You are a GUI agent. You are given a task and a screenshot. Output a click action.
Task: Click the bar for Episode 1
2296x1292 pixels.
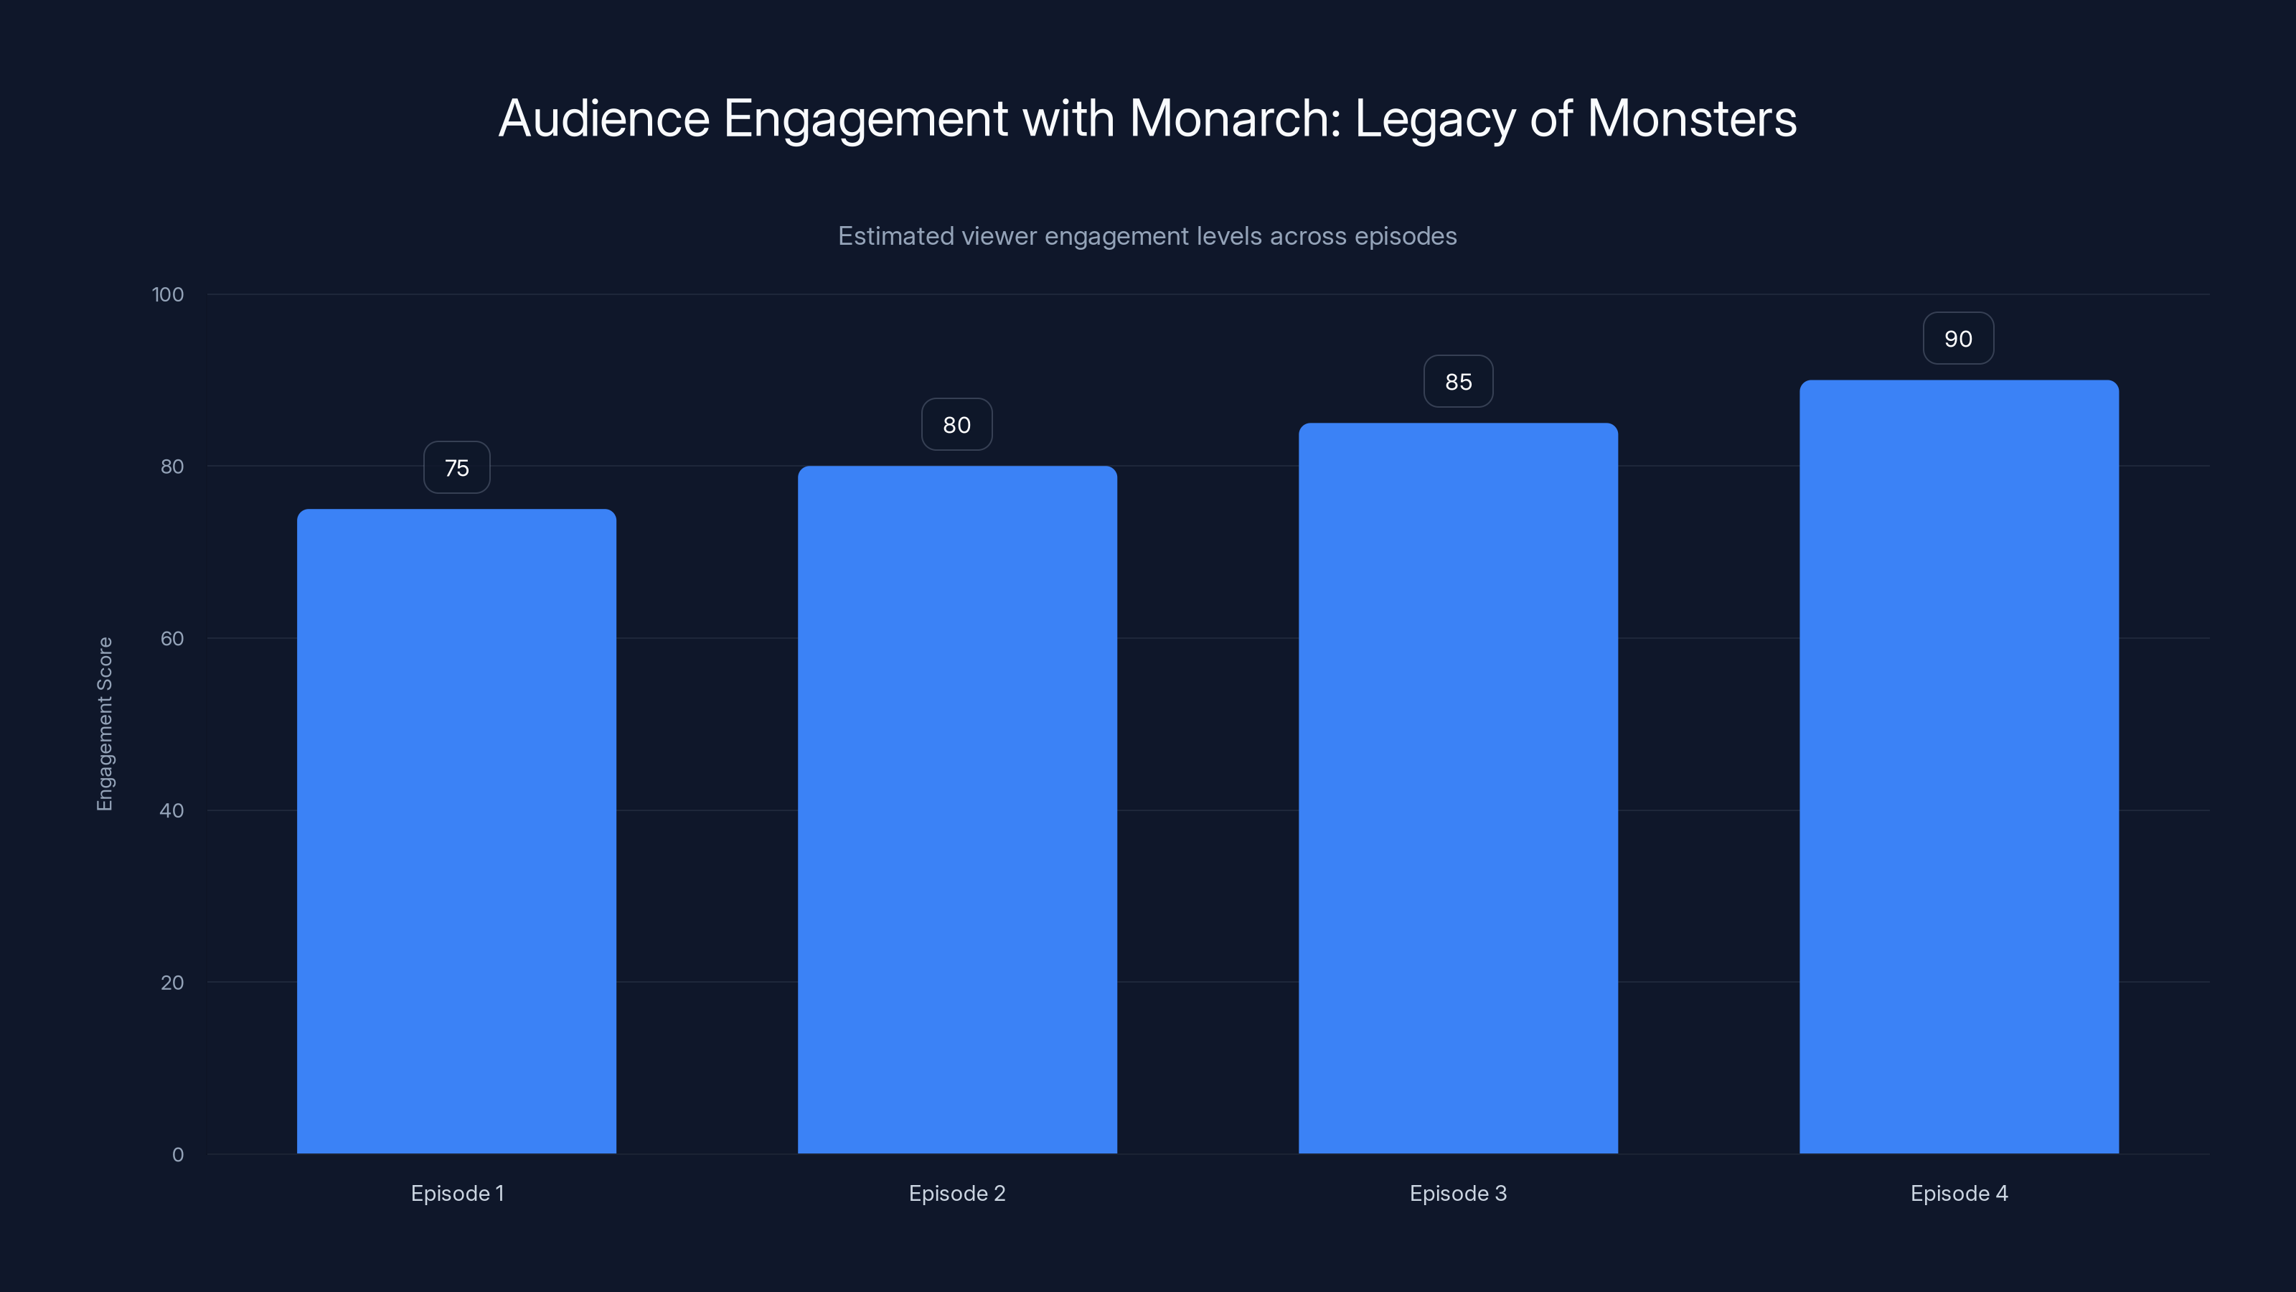coord(456,831)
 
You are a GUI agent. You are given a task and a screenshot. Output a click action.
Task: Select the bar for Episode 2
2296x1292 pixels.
coord(957,810)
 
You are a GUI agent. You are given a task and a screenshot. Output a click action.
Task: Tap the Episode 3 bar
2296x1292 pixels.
coord(1458,788)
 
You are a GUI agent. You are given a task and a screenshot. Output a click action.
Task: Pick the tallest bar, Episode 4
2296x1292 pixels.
coord(1959,767)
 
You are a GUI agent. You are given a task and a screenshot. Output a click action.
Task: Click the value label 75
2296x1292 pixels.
coord(456,468)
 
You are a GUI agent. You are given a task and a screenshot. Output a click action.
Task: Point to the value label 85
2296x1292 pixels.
coord(1458,382)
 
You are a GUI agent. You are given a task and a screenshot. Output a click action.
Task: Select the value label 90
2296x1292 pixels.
coord(1958,339)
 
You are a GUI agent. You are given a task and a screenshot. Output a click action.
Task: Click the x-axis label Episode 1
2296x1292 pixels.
coord(457,1193)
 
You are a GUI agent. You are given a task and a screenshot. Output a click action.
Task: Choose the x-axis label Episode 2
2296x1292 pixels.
coord(957,1193)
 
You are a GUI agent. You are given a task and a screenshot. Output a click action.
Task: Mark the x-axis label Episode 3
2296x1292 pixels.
coord(1458,1193)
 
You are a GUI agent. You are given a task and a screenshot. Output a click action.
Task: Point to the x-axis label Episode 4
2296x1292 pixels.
coord(1959,1193)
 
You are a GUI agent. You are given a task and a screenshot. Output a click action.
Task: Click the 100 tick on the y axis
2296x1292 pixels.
coord(168,295)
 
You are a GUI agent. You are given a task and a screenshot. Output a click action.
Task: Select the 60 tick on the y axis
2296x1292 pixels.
coord(172,638)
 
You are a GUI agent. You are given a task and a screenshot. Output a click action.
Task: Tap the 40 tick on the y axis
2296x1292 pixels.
coord(172,810)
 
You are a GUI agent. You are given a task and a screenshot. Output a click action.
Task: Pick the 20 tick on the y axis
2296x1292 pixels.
coord(172,983)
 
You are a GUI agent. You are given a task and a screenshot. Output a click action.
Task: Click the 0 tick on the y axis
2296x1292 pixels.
coord(178,1155)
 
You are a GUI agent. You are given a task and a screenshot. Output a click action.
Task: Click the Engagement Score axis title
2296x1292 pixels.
coord(105,724)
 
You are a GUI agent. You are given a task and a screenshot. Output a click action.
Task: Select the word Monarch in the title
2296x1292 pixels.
coord(1234,118)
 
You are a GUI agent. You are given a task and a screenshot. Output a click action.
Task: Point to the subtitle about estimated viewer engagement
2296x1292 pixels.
coord(1147,236)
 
